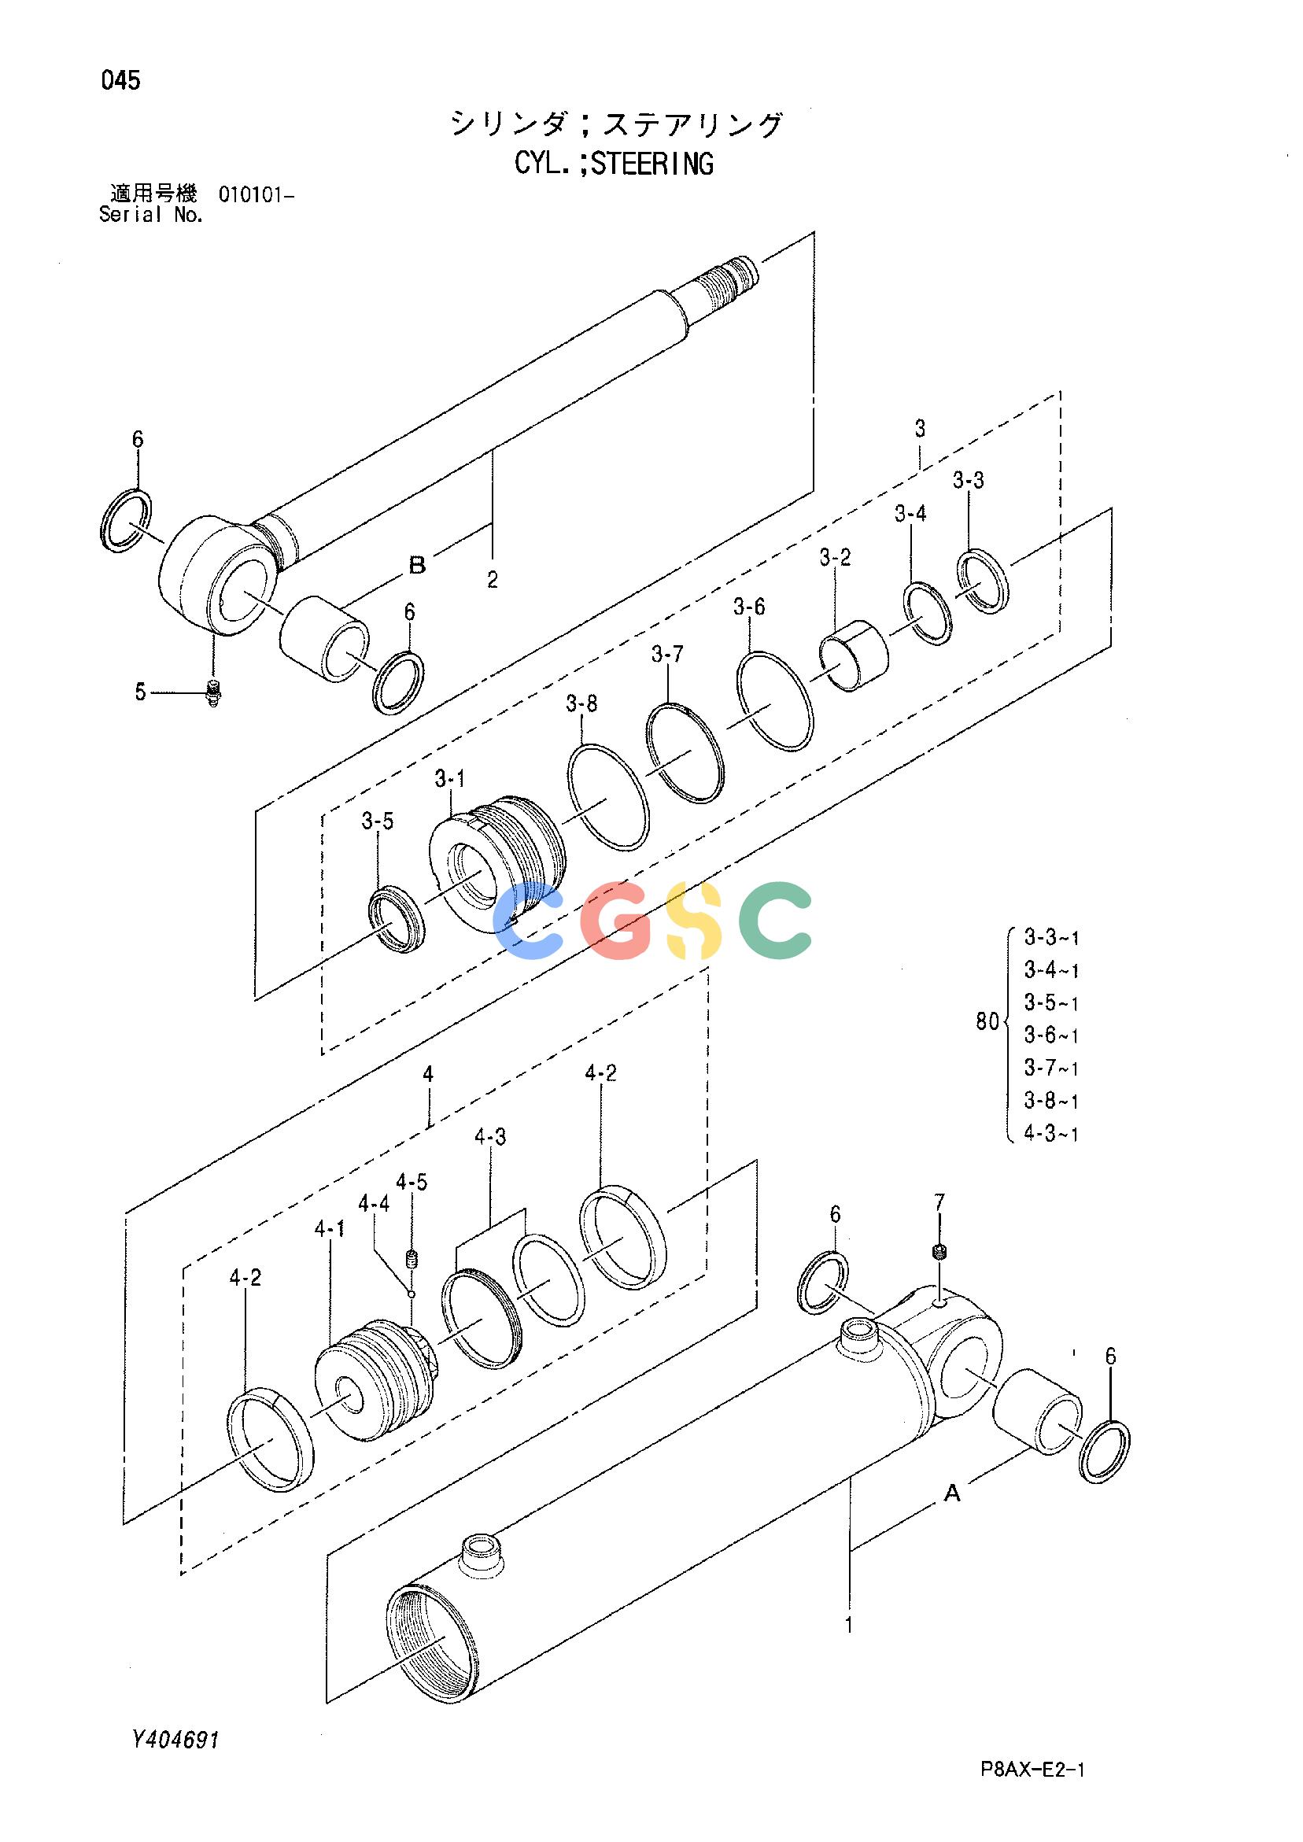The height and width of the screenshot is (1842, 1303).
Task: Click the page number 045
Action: click(x=121, y=80)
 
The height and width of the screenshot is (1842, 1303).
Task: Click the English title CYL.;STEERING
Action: click(x=614, y=164)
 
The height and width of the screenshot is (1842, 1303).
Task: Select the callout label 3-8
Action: click(x=581, y=704)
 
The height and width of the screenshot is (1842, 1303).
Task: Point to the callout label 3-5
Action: click(x=377, y=821)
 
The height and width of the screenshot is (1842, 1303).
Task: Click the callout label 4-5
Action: click(x=411, y=1182)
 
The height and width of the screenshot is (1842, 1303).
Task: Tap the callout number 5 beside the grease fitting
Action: click(x=140, y=692)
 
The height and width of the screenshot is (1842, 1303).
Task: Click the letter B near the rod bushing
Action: click(x=417, y=566)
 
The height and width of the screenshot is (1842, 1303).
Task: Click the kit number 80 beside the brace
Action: click(x=987, y=1022)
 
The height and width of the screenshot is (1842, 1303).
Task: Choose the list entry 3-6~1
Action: click(x=1052, y=1035)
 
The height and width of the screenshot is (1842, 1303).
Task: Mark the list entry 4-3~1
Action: click(x=1052, y=1134)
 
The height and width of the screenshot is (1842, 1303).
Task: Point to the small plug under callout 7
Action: click(x=939, y=1250)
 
